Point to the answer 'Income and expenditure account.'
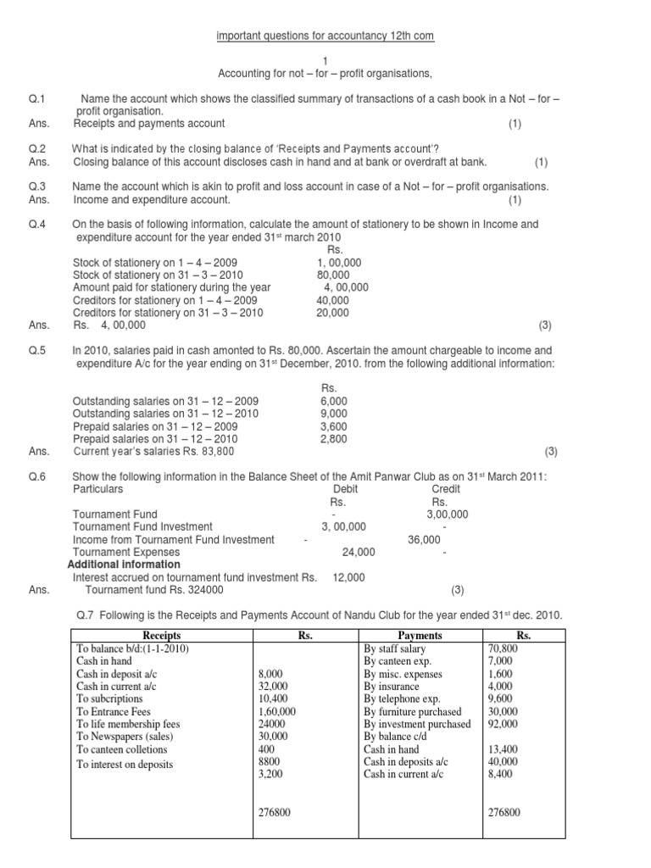tap(152, 199)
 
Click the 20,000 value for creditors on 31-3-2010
tap(332, 312)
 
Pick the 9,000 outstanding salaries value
tap(333, 413)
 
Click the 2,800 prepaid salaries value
tap(333, 438)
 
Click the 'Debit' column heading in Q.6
tap(346, 488)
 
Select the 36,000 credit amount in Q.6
tap(425, 538)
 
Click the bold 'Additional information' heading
tap(124, 564)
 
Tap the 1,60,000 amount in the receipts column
tap(275, 712)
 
